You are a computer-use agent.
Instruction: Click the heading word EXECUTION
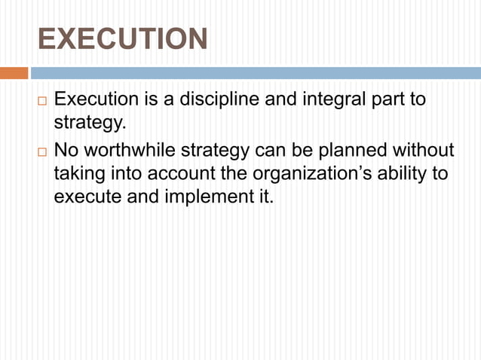(x=122, y=39)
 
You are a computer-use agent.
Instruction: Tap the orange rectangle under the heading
(x=14, y=73)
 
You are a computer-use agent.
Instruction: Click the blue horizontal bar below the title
(x=255, y=73)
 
